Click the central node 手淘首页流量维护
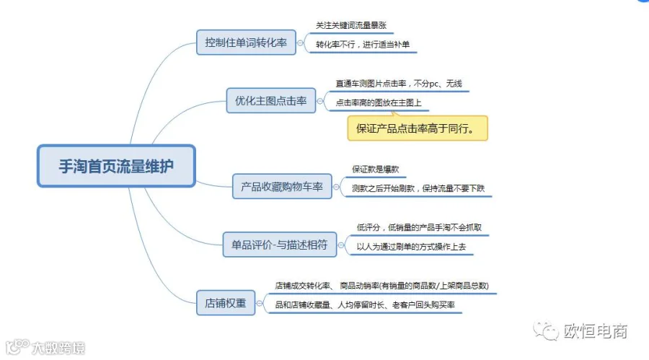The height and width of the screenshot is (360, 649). [116, 166]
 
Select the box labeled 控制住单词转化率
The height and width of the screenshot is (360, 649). [246, 43]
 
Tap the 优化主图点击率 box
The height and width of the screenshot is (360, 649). [270, 101]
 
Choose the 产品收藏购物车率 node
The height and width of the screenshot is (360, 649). [282, 186]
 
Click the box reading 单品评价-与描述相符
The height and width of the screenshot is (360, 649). [279, 245]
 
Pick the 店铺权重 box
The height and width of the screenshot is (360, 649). [226, 303]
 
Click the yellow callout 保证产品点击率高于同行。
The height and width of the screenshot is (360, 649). [418, 128]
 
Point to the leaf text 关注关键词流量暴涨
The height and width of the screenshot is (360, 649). [351, 25]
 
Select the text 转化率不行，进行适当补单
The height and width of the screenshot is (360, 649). [363, 44]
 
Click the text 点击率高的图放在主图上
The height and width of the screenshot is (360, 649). [379, 102]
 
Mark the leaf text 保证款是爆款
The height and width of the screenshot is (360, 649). [376, 169]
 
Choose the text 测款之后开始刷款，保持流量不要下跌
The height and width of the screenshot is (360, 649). [418, 188]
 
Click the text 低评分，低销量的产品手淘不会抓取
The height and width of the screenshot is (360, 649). [419, 227]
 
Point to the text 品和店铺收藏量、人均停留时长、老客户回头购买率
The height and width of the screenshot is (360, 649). [365, 305]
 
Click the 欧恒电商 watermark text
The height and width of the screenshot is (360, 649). [595, 331]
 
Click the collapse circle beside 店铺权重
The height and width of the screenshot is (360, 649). [260, 303]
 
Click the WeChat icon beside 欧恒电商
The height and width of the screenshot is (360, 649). [546, 330]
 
